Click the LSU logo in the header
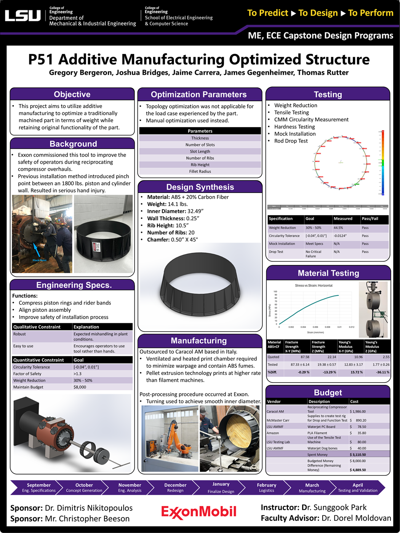(22, 16)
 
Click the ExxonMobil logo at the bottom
(198, 512)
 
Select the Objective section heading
(72, 94)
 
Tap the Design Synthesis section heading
(200, 187)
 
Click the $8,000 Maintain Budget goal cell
(80, 387)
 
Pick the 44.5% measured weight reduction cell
(338, 228)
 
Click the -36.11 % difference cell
(381, 372)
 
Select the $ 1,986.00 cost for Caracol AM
(358, 412)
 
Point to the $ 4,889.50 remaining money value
(358, 470)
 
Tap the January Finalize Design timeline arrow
(221, 488)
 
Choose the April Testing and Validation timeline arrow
(357, 488)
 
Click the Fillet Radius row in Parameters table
(200, 171)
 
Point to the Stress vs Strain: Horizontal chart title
(314, 286)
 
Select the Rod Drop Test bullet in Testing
(291, 141)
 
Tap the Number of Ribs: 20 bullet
(171, 233)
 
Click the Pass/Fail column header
(370, 219)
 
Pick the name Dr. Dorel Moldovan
(356, 518)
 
